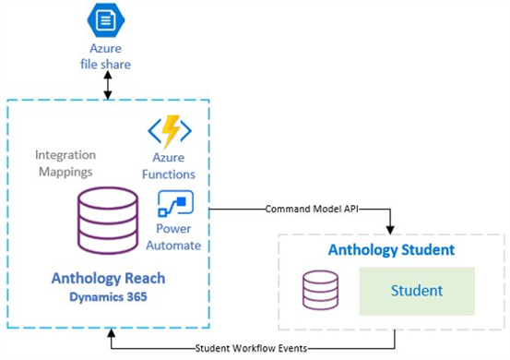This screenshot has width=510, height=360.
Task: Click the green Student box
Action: coord(416,291)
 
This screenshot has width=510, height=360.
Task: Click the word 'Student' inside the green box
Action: coord(416,291)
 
